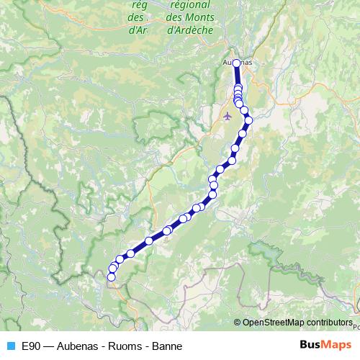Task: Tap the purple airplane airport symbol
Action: click(229, 115)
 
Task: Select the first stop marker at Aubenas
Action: click(236, 63)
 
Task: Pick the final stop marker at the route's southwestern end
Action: click(112, 276)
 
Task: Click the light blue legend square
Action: click(10, 346)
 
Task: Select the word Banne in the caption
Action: click(167, 346)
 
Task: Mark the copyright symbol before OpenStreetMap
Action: click(238, 322)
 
